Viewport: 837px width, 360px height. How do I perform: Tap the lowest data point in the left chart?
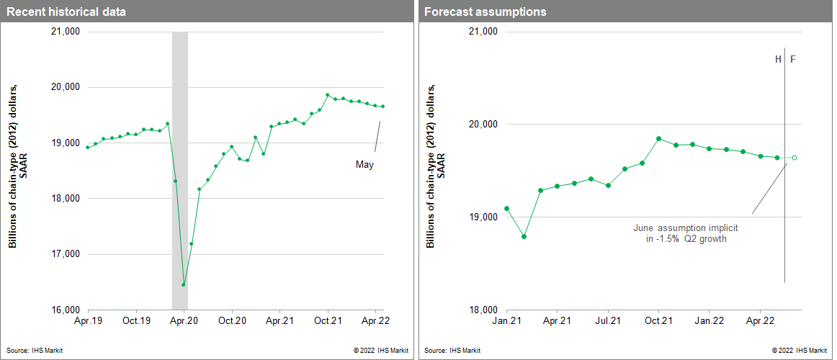click(x=183, y=284)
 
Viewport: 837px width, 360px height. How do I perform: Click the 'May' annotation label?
click(x=365, y=165)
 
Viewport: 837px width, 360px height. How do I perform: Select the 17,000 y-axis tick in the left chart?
click(x=65, y=254)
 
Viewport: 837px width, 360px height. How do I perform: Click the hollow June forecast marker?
click(x=795, y=158)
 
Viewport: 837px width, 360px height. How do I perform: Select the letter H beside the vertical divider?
click(x=778, y=59)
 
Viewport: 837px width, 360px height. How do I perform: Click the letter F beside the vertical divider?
click(x=793, y=59)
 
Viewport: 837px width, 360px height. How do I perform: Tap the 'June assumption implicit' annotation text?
click(x=686, y=228)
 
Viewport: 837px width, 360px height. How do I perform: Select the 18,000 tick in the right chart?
click(x=481, y=310)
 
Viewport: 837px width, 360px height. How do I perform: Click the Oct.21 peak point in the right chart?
click(x=659, y=138)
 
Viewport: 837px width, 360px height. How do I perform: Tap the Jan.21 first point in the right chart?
click(x=506, y=208)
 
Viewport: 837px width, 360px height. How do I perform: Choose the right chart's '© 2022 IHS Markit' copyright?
click(x=800, y=351)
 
